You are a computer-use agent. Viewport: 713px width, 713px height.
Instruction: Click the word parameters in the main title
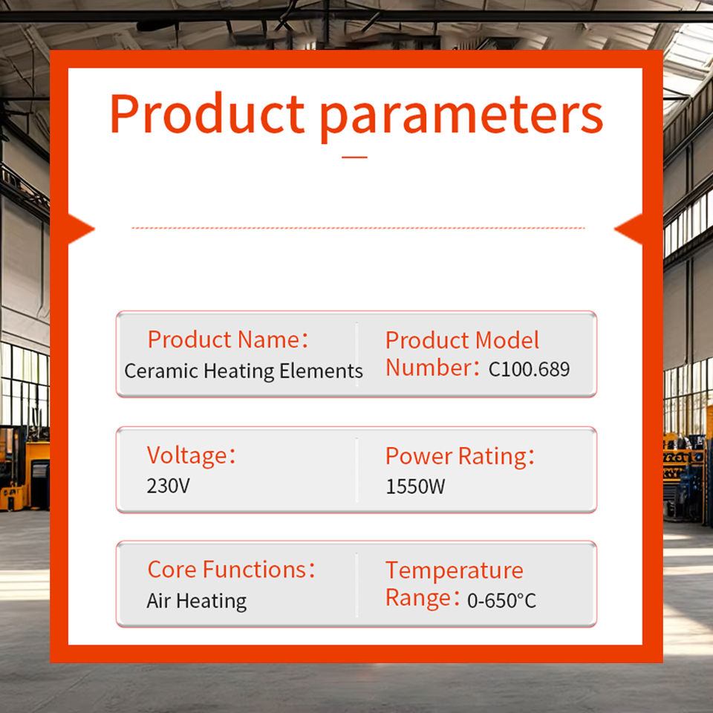pyautogui.click(x=462, y=117)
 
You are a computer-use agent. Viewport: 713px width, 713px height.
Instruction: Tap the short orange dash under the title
pyautogui.click(x=354, y=157)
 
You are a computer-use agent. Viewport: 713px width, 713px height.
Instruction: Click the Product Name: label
pyautogui.click(x=228, y=339)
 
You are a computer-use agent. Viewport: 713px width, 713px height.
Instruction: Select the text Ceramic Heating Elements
pyautogui.click(x=244, y=371)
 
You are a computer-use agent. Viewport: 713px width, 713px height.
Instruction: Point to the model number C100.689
pyautogui.click(x=529, y=369)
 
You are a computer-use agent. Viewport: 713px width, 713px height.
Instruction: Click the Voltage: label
pyautogui.click(x=192, y=455)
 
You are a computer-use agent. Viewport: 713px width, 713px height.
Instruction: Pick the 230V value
pyautogui.click(x=169, y=486)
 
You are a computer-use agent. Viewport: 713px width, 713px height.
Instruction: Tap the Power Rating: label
pyautogui.click(x=460, y=456)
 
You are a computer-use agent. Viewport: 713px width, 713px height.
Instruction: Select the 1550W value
pyautogui.click(x=416, y=486)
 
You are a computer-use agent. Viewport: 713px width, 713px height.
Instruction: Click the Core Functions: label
pyautogui.click(x=232, y=570)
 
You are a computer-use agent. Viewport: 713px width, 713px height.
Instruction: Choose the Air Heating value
pyautogui.click(x=197, y=601)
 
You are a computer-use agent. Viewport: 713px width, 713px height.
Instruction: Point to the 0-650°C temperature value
pyautogui.click(x=502, y=601)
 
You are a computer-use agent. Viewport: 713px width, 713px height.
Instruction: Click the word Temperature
pyautogui.click(x=455, y=570)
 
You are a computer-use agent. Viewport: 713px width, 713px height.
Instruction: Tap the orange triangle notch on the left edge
pyautogui.click(x=81, y=229)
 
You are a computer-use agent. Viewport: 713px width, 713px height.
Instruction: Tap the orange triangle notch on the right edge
pyautogui.click(x=628, y=229)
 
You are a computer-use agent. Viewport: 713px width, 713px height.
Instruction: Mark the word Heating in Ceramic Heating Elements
pyautogui.click(x=238, y=371)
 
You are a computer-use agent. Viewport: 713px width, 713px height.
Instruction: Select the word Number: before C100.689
pyautogui.click(x=433, y=368)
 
